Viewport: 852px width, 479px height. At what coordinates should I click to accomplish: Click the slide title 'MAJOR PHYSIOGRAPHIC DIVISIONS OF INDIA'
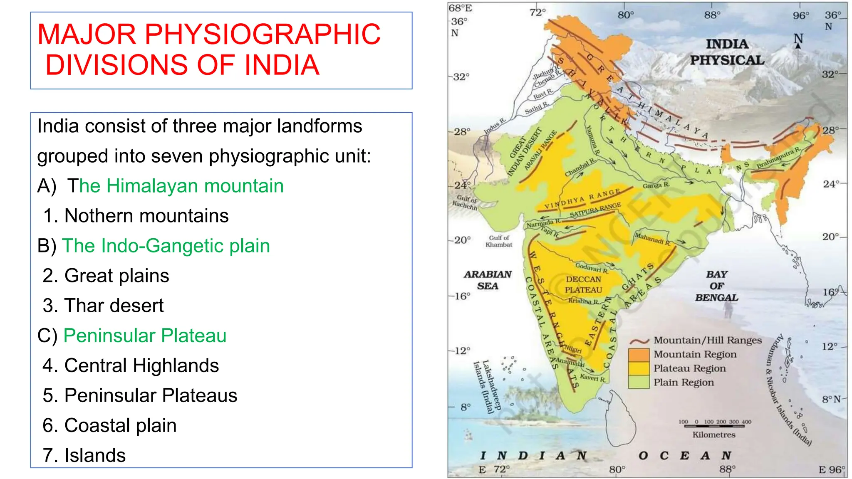[209, 49]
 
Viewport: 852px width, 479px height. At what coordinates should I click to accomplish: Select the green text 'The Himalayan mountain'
[175, 186]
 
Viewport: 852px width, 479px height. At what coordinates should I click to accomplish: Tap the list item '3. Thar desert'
[103, 306]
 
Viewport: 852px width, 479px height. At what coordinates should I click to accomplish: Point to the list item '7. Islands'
[84, 455]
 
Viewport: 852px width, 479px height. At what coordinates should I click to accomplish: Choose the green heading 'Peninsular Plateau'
[145, 336]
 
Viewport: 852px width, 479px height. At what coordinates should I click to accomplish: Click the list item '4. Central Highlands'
[131, 365]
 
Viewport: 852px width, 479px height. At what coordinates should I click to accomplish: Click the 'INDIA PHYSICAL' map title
[727, 52]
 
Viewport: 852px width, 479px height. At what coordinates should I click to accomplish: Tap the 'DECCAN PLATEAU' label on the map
[583, 285]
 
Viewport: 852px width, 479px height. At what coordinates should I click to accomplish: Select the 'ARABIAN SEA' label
[488, 280]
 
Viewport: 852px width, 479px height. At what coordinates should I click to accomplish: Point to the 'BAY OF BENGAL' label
[717, 286]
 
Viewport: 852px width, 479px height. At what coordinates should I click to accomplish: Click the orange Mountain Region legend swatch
[639, 355]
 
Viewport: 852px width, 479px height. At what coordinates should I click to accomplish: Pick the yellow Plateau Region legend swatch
[639, 368]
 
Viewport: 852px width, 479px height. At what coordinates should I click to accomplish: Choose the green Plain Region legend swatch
[639, 382]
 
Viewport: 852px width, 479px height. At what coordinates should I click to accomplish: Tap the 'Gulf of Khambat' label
[499, 241]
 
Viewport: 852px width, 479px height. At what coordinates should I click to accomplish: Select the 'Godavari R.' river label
[592, 268]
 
